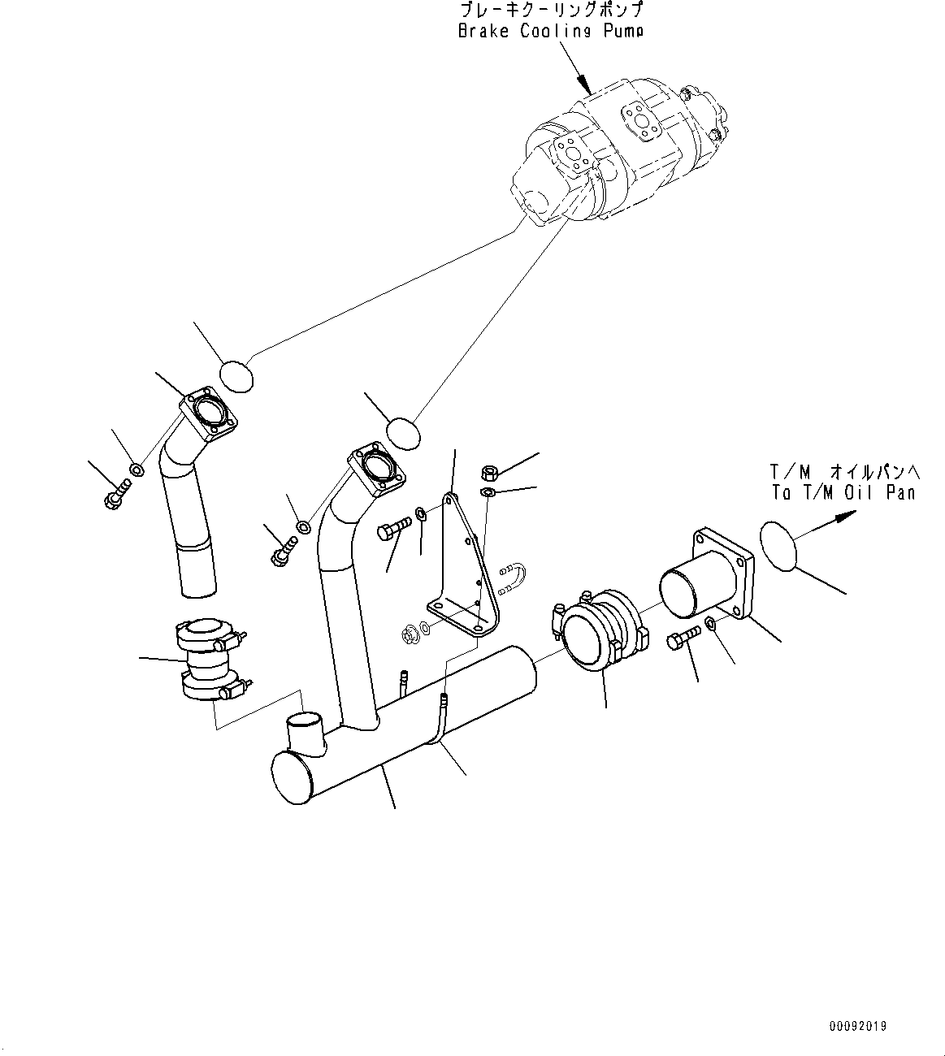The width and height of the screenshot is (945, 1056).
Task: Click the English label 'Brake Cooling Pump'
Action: coord(550,32)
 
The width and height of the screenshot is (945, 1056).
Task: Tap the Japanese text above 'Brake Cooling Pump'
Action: coord(551,11)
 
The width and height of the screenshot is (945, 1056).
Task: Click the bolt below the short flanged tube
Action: coord(681,639)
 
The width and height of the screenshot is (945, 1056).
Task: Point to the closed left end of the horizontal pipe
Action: coord(293,777)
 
